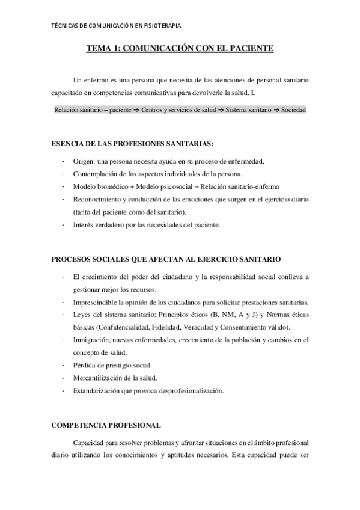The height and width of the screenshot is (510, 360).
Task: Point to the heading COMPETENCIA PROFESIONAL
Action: [x=106, y=425]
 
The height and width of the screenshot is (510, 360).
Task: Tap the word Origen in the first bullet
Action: [x=84, y=162]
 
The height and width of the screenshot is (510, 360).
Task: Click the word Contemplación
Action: [x=96, y=174]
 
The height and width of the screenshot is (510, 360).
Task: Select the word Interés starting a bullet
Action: [x=84, y=225]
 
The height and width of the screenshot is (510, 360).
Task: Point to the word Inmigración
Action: [x=93, y=340]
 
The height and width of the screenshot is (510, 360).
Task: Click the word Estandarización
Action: [x=98, y=390]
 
